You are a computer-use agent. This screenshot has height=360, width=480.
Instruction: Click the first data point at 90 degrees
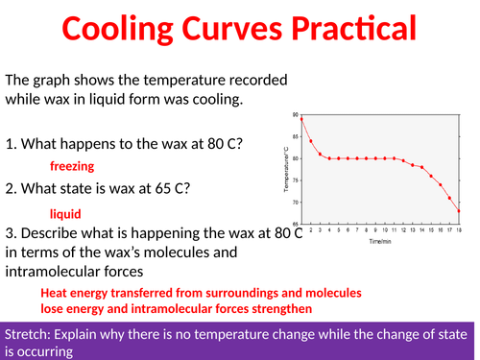pos(301,115)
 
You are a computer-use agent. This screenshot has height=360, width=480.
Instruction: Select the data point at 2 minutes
pos(311,141)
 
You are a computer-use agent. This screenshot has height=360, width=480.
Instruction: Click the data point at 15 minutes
pos(431,175)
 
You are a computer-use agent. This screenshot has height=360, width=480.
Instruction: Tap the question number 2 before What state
pos(10,189)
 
